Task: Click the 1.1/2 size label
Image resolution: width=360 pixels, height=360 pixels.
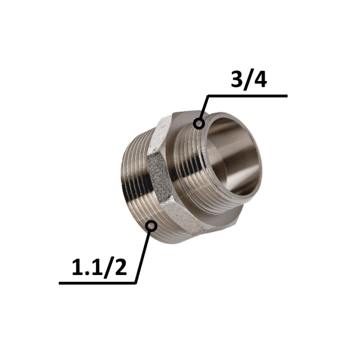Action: pos(99,267)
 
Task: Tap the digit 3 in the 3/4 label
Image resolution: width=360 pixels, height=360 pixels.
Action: pos(237,81)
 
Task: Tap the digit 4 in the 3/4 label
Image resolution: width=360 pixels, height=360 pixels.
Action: pos(260,81)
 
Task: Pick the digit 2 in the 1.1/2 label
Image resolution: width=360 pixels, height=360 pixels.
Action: pos(121,267)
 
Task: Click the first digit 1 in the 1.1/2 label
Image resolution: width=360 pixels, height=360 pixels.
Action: pos(77,267)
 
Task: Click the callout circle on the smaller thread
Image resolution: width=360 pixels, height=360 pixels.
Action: pos(199,123)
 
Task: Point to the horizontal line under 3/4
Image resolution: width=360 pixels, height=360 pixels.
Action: pos(247,96)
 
